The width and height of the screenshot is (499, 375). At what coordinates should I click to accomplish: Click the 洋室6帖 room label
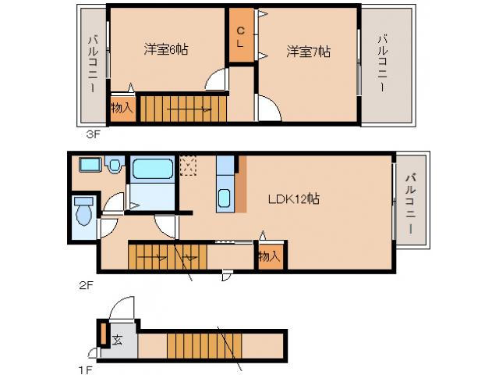point(165,50)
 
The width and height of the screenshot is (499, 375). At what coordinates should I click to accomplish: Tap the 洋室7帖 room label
point(308,52)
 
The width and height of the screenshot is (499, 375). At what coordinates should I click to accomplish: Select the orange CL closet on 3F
point(241,36)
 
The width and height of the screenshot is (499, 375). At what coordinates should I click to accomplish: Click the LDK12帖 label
point(293,198)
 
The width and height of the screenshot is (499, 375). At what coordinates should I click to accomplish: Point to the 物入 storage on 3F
point(122,109)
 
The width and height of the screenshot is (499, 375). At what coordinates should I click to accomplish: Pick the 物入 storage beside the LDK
point(269,256)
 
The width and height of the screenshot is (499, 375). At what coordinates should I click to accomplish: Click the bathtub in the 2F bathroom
point(152,170)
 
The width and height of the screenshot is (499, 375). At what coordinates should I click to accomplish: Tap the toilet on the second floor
point(83,211)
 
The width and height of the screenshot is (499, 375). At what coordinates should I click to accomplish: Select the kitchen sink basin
point(225,198)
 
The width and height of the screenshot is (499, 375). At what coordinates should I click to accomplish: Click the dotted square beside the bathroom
point(188,164)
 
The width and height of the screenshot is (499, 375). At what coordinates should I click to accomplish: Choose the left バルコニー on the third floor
point(92,66)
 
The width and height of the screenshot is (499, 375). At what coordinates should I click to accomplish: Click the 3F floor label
point(94,134)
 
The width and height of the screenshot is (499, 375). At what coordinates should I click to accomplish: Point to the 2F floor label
point(86,284)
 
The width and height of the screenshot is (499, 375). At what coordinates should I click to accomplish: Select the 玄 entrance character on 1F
point(117,341)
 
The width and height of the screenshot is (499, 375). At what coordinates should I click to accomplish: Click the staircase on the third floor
point(183,109)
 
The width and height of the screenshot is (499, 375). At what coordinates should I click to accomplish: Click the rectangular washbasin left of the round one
point(90,165)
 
